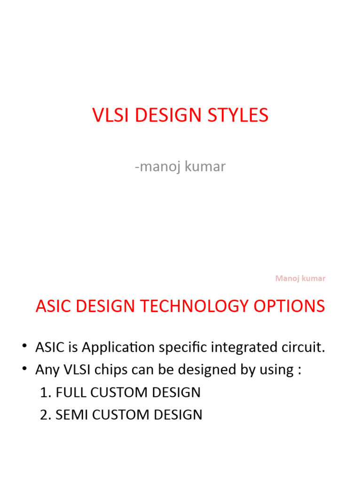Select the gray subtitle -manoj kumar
[180, 167]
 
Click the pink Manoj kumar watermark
[300, 278]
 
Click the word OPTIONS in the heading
[295, 306]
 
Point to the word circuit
[303, 348]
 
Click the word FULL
[70, 392]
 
